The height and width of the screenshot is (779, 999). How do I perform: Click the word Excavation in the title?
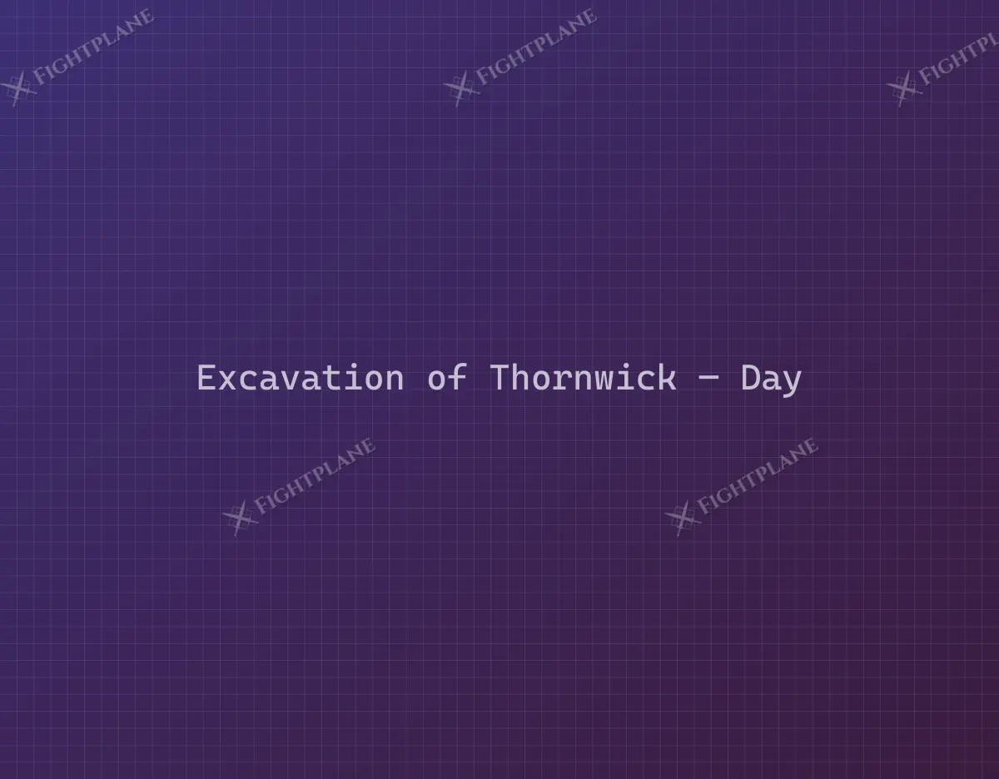(x=301, y=378)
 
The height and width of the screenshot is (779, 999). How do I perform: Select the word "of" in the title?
(x=447, y=378)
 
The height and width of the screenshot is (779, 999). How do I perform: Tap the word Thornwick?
(x=583, y=378)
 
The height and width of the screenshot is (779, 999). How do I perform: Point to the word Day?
(x=771, y=380)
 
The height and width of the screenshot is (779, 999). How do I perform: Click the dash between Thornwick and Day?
(x=708, y=380)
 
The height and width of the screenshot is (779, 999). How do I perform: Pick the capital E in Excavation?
(x=206, y=378)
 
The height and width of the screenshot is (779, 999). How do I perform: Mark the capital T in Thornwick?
(x=499, y=378)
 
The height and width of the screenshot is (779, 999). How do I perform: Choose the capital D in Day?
(x=750, y=378)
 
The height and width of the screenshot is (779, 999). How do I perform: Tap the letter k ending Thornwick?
(x=668, y=378)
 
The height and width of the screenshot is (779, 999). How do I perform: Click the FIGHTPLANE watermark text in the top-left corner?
(x=93, y=47)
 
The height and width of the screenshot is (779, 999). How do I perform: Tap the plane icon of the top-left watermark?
(x=17, y=89)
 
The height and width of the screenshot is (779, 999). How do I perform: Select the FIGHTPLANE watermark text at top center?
(x=536, y=47)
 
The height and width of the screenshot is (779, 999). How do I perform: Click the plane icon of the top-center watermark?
(x=460, y=89)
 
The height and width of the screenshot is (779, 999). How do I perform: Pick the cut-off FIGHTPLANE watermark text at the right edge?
(x=958, y=60)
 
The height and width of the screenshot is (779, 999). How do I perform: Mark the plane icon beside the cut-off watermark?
(x=904, y=89)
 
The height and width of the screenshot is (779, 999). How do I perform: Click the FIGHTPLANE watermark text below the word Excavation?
(x=315, y=476)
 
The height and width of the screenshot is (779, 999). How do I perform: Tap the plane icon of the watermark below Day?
(x=683, y=518)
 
